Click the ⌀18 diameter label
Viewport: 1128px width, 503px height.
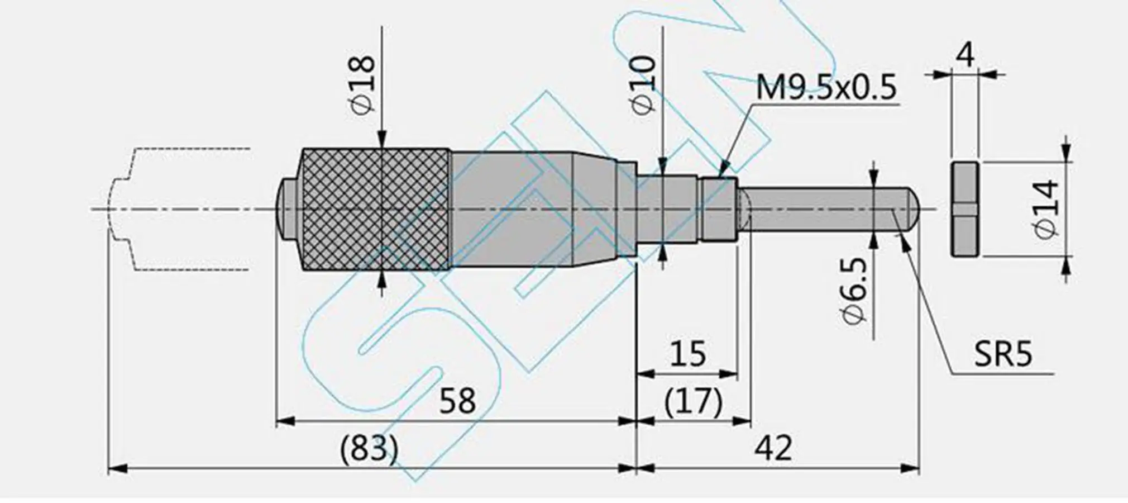pos(363,84)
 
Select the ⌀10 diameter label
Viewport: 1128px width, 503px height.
pos(644,86)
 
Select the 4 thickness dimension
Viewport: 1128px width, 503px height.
pos(965,55)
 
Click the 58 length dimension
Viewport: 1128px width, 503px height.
pos(457,401)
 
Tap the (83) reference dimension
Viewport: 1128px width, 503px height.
pos(369,448)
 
